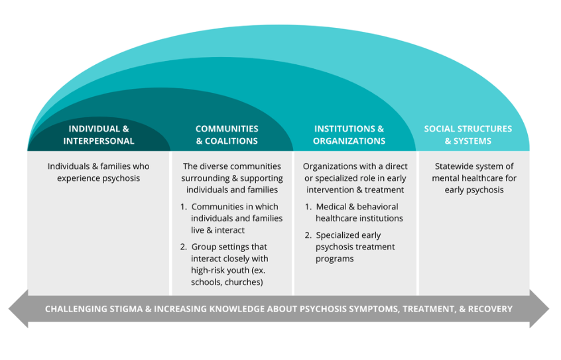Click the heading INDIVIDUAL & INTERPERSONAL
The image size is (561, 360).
click(99, 135)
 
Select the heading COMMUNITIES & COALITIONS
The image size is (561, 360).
click(227, 135)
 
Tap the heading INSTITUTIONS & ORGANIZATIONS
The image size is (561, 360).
click(349, 135)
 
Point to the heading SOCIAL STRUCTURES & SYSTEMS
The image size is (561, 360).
click(467, 135)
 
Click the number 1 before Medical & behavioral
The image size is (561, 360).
click(308, 207)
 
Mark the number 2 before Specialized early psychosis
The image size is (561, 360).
click(308, 235)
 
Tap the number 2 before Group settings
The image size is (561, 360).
click(184, 247)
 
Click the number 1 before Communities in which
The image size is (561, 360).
click(184, 207)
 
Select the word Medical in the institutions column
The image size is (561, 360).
click(332, 207)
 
